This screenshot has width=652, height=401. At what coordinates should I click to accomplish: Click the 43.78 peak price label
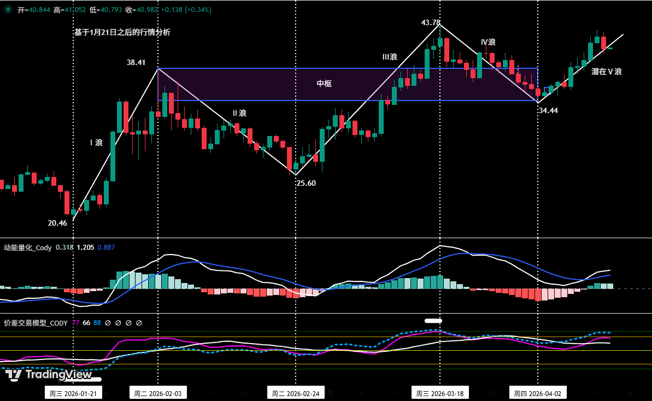431,22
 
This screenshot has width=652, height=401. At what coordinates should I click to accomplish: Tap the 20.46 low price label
57,223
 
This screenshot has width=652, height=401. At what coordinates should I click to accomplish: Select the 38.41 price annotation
136,62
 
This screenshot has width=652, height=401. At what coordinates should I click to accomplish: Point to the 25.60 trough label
306,183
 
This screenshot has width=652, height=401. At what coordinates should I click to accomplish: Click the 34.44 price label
548,110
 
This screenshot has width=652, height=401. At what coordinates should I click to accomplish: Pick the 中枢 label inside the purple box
324,84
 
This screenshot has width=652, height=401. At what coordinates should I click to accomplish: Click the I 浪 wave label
96,143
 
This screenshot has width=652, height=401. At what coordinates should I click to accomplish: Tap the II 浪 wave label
239,113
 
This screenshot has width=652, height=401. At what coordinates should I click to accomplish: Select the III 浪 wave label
390,57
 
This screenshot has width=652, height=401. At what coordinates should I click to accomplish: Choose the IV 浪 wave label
488,42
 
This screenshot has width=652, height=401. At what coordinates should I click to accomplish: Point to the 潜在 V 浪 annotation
607,72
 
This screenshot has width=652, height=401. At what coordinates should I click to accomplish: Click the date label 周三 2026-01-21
73,393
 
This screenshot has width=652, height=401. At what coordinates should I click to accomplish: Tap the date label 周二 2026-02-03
157,393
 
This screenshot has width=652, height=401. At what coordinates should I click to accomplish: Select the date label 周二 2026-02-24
295,393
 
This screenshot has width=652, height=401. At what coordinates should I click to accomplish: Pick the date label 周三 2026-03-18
440,393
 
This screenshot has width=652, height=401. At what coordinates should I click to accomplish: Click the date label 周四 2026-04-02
538,393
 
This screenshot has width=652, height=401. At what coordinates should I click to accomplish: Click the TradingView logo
49,375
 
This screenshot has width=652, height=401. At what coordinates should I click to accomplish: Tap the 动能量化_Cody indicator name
28,247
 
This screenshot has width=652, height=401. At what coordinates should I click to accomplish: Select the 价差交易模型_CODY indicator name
36,323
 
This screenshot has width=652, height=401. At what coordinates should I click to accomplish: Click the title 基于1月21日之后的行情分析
122,32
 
